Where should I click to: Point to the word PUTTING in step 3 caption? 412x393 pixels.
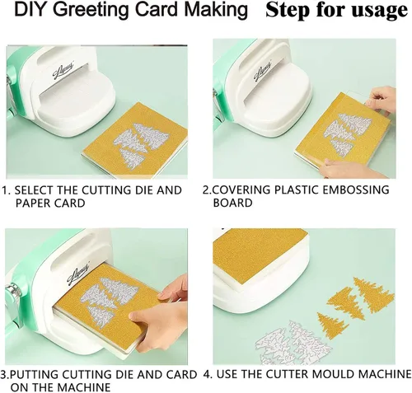(x=33, y=375)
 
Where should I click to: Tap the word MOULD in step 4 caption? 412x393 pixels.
(x=335, y=374)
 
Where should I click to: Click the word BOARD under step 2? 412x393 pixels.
(x=232, y=203)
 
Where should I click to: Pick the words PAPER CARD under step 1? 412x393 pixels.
(x=50, y=204)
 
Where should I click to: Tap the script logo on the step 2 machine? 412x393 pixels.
(x=262, y=71)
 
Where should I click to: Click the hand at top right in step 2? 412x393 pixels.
(x=382, y=100)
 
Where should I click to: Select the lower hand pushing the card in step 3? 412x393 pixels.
(x=158, y=326)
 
